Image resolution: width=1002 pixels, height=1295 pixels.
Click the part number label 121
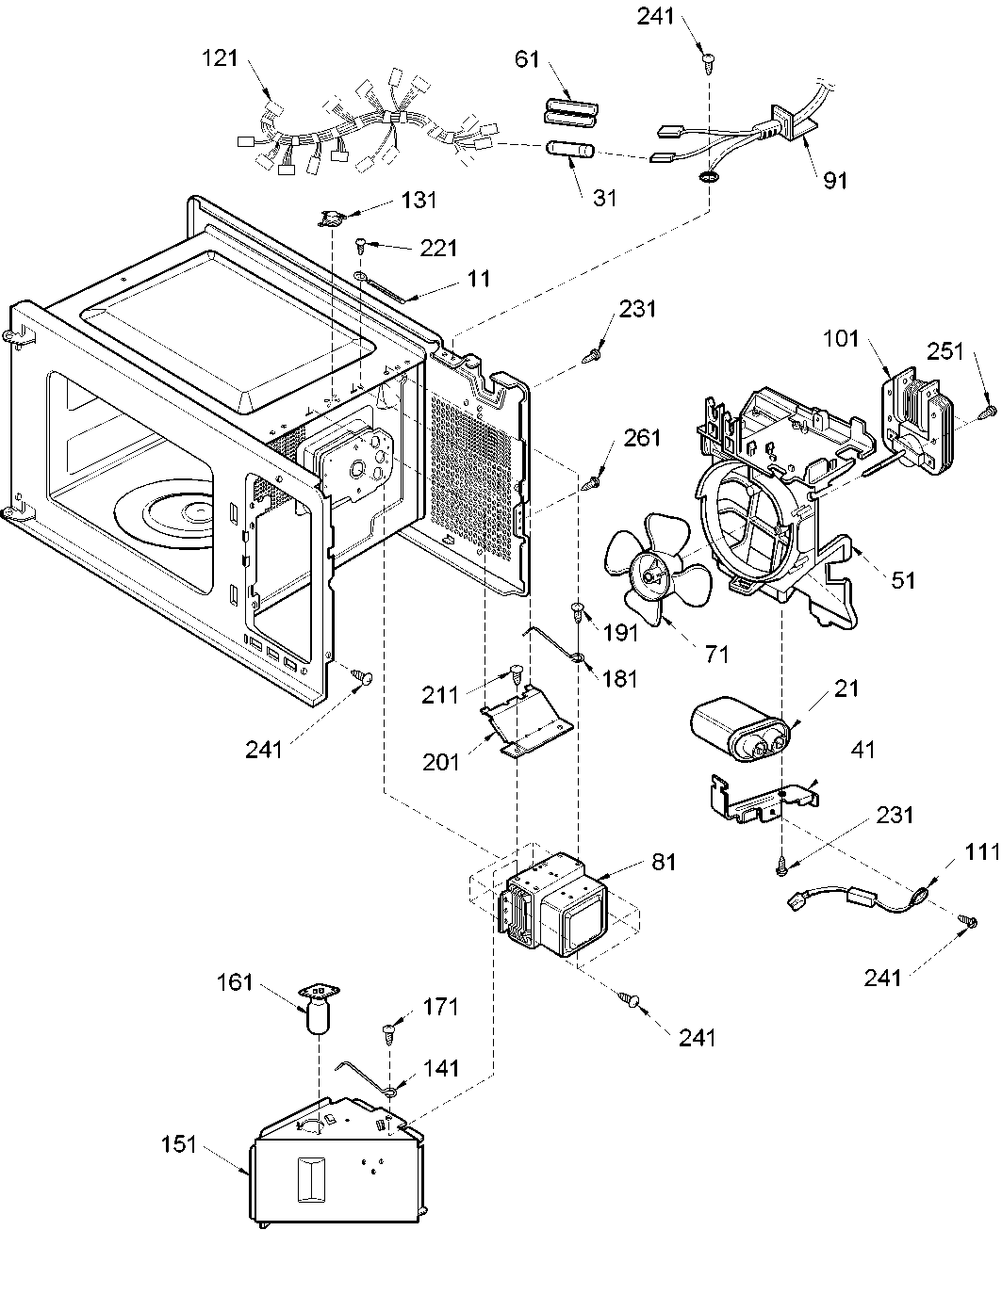point(221,57)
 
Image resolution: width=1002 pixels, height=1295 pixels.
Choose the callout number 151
point(179,1144)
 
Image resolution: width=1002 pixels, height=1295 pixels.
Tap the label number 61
point(527,59)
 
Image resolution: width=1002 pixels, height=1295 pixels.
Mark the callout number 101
point(840,338)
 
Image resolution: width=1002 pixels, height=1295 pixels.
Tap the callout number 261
point(643,437)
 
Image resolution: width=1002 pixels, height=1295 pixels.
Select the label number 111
point(982,851)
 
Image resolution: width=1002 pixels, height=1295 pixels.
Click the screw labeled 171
point(388,1031)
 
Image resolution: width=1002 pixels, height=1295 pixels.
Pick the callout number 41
point(863,750)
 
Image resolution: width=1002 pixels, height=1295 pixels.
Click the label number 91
point(835,180)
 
